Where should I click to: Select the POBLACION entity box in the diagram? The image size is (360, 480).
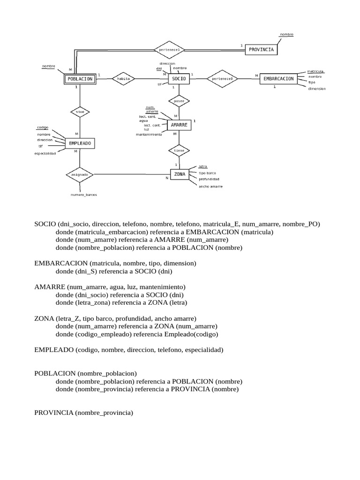pyautogui.click(x=80, y=79)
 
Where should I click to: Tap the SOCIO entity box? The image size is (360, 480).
pyautogui.click(x=179, y=79)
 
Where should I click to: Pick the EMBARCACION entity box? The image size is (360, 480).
pyautogui.click(x=278, y=79)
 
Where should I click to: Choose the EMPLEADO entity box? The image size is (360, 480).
pyautogui.click(x=80, y=142)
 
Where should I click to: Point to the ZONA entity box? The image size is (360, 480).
pyautogui.click(x=180, y=174)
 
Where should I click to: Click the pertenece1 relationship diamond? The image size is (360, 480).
pyautogui.click(x=169, y=49)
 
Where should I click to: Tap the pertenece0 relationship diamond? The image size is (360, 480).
pyautogui.click(x=223, y=79)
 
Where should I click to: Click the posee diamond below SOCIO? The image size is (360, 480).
pyautogui.click(x=179, y=101)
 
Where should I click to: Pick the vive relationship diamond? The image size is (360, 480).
pyautogui.click(x=80, y=112)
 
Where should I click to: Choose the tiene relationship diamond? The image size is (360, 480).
pyautogui.click(x=179, y=150)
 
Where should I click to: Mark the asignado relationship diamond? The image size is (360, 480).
pyautogui.click(x=80, y=174)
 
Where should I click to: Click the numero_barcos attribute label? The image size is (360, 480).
pyautogui.click(x=84, y=194)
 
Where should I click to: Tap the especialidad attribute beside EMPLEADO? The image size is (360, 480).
pyautogui.click(x=45, y=153)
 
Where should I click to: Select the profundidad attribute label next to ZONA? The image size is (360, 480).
pyautogui.click(x=209, y=179)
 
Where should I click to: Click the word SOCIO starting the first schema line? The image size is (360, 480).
pyautogui.click(x=45, y=224)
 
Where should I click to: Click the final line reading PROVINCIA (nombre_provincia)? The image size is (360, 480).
pyautogui.click(x=84, y=413)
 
